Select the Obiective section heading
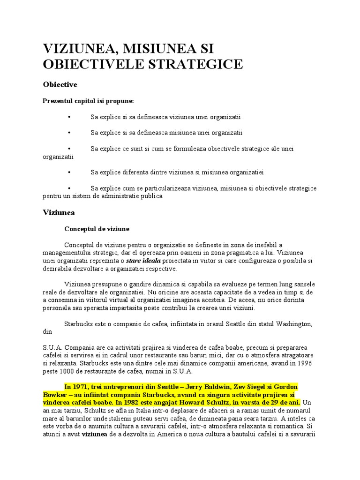60,84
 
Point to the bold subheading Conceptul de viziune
97,229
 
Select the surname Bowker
56,395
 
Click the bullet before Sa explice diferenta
69,172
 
